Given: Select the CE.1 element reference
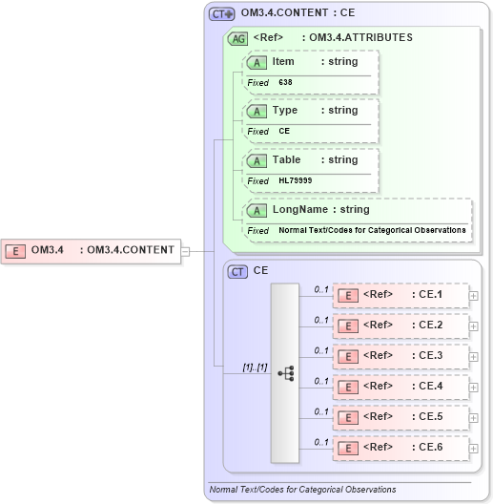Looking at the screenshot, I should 401,295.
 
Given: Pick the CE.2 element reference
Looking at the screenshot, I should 401,325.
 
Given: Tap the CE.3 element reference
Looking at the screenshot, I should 401,356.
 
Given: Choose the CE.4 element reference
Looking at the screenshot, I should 401,387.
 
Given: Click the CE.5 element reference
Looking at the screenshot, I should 401,417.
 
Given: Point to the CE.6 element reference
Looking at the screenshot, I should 401,448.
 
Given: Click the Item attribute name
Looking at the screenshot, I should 283,62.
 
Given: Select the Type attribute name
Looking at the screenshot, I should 285,111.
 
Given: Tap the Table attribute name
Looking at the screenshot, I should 286,160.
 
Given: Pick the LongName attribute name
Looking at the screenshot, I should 294,210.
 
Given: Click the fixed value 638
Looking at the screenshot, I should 285,83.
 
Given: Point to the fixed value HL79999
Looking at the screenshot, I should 295,181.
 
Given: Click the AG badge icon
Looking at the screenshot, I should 236,38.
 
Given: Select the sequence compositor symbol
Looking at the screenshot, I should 285,371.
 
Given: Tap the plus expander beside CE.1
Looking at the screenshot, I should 474,296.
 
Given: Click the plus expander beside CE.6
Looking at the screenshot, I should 474,449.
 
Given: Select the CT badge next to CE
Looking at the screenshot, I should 237,271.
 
